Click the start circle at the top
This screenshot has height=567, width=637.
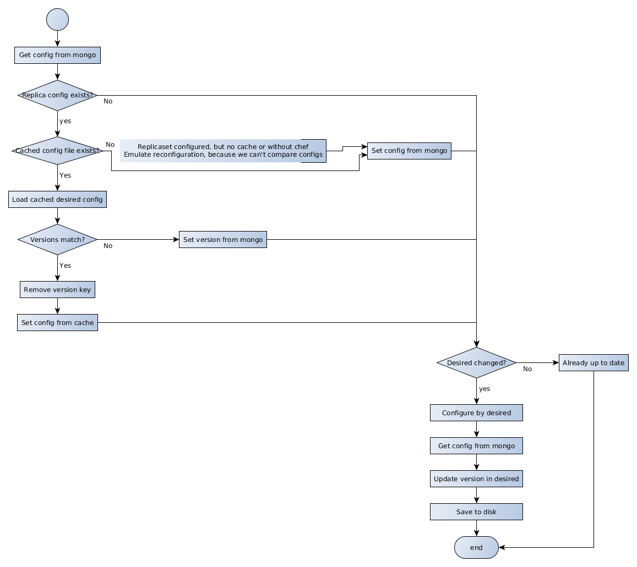(58, 19)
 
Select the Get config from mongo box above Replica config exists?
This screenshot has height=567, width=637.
(57, 55)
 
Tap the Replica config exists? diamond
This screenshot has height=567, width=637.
(57, 95)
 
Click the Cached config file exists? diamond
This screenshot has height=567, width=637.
(57, 151)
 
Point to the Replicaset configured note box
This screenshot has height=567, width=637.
(222, 151)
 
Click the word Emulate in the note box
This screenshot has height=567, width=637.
(138, 155)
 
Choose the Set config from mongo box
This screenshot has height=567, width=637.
(409, 151)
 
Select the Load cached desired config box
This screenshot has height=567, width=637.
(57, 199)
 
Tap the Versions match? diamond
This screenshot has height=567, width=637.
(57, 240)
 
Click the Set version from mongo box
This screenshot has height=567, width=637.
(222, 240)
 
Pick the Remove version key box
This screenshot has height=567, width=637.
(57, 290)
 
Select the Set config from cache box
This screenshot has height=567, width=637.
(57, 323)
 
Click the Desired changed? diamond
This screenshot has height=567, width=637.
(476, 363)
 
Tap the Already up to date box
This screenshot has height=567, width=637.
(594, 363)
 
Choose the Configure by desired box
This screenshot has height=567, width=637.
(476, 413)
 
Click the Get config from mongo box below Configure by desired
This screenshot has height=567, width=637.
(476, 446)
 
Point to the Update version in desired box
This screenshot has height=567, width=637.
(476, 479)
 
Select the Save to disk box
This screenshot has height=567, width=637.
(476, 512)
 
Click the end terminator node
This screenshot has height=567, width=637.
(476, 548)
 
